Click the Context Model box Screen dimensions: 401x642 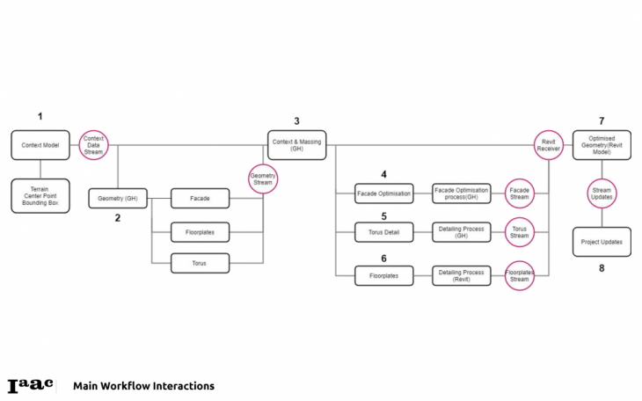pyautogui.click(x=40, y=145)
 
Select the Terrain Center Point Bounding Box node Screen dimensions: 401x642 pyautogui.click(x=40, y=194)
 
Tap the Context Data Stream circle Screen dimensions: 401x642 pyautogui.click(x=93, y=144)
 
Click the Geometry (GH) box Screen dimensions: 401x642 pyautogui.click(x=118, y=199)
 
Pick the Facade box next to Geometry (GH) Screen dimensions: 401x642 pyautogui.click(x=200, y=200)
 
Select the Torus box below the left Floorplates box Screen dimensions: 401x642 pyautogui.click(x=200, y=262)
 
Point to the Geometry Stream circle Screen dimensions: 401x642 pyautogui.click(x=263, y=179)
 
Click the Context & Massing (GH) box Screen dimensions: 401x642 pyautogui.click(x=296, y=145)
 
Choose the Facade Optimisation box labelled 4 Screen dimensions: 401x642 pyautogui.click(x=383, y=193)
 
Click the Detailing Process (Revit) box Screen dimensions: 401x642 pyautogui.click(x=461, y=275)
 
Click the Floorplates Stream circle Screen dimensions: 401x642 pyautogui.click(x=520, y=275)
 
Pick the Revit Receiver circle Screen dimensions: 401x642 pyautogui.click(x=549, y=145)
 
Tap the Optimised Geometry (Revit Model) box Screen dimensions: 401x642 pyautogui.click(x=602, y=145)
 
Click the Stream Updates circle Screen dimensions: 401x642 pyautogui.click(x=602, y=194)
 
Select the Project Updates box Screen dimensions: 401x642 pyautogui.click(x=602, y=242)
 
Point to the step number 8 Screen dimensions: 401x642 pyautogui.click(x=602, y=268)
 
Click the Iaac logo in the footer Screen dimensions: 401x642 pyautogui.click(x=30, y=385)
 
